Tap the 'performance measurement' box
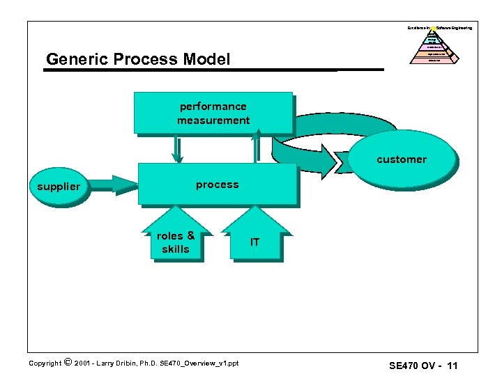[213, 113]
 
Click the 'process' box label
[217, 185]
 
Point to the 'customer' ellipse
[402, 159]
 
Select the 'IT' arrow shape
[254, 242]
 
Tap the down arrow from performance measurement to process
[178, 148]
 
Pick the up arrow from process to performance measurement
[256, 148]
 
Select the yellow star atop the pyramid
[433, 29]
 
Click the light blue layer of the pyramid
[433, 40]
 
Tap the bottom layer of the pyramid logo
[434, 60]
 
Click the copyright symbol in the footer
[67, 361]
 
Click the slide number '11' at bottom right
[453, 366]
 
